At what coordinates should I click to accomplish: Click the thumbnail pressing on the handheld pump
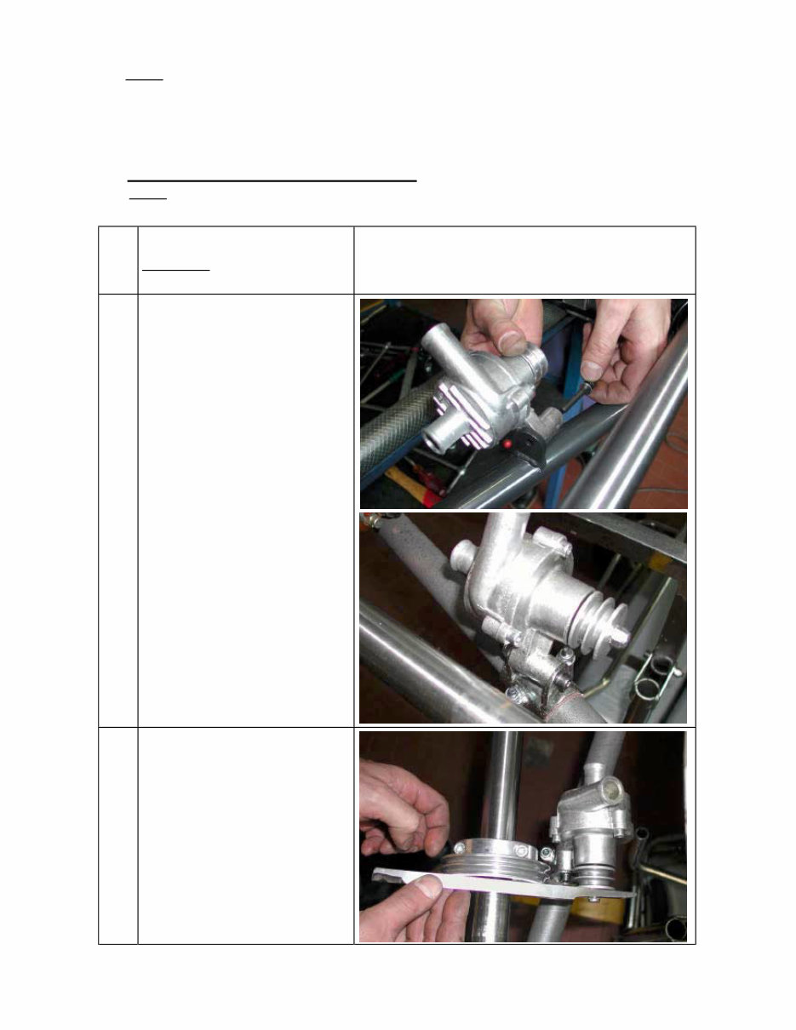pos(513,341)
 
